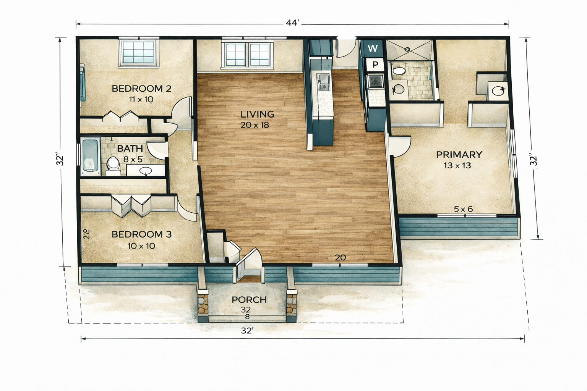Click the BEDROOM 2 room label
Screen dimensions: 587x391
click(141, 89)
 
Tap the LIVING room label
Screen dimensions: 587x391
click(257, 114)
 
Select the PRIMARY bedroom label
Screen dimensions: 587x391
click(459, 155)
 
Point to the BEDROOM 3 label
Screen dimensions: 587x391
click(141, 234)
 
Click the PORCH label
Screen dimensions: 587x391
click(249, 300)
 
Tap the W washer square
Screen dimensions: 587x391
click(373, 48)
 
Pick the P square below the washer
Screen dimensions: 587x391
click(375, 65)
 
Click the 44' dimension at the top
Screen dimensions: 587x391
click(292, 23)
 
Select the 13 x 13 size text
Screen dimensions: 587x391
click(457, 165)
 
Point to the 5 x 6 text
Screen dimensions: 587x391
click(463, 209)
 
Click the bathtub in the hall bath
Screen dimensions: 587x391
click(91, 156)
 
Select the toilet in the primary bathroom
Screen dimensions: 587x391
click(398, 70)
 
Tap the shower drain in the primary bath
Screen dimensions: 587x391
click(407, 49)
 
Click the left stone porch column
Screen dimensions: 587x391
click(203, 305)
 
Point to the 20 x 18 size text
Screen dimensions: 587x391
click(255, 125)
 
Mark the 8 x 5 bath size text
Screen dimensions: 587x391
click(133, 160)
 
